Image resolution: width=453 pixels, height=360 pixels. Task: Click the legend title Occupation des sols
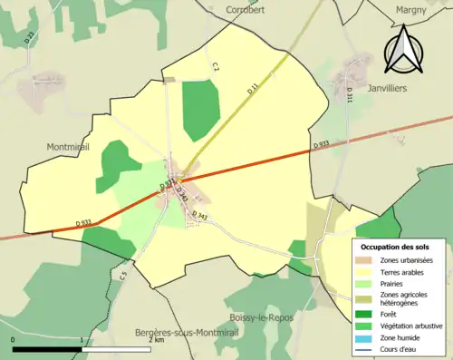397,247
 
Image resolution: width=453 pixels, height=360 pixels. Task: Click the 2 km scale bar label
159,341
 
